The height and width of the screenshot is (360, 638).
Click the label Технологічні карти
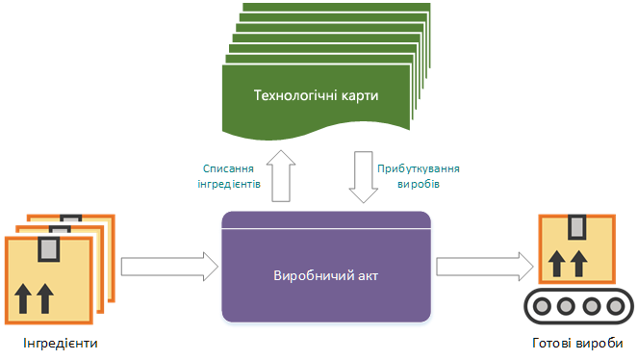[316, 96]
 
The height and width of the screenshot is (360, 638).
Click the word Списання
[228, 167]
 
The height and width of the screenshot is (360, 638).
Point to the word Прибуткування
[418, 167]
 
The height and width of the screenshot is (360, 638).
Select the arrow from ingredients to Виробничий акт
[169, 264]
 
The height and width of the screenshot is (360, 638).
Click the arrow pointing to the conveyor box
[484, 264]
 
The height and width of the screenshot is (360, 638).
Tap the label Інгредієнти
[59, 344]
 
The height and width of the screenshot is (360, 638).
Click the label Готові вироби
[576, 344]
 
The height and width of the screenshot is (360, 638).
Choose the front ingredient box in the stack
[47, 283]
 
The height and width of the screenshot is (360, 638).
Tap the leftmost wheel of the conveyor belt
[544, 306]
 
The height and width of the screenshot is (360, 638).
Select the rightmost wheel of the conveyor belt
[612, 306]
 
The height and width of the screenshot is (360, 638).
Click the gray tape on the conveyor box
[576, 227]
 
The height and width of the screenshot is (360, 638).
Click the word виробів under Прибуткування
[419, 183]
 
